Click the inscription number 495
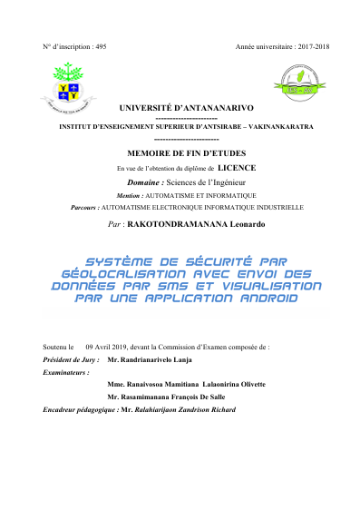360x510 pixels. coord(100,45)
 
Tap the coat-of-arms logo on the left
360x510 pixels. coord(67,87)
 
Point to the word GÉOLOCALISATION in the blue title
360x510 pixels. coord(118,273)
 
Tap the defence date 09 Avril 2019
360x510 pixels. coord(112,348)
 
